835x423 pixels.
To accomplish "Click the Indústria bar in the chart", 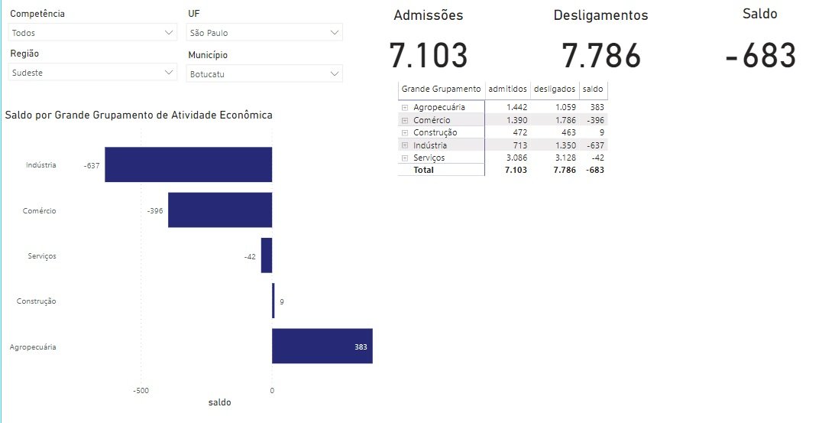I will [x=188, y=164].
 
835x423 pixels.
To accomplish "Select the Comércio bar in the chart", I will [x=220, y=210].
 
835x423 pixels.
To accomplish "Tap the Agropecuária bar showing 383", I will [x=322, y=347].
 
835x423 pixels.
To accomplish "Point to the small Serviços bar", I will [x=267, y=255].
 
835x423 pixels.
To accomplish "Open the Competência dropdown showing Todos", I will [x=92, y=33].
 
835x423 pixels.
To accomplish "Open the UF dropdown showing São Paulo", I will [x=264, y=33].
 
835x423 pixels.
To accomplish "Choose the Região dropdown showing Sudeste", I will [x=92, y=73].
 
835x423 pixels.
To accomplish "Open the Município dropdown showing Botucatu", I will [x=264, y=74].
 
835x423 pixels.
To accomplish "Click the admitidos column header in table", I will [x=507, y=89].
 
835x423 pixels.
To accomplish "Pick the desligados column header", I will [x=554, y=89].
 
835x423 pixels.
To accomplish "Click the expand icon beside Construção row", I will [x=404, y=133].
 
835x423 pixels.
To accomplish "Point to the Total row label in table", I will [x=423, y=170].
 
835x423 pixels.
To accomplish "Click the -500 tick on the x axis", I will [x=141, y=390].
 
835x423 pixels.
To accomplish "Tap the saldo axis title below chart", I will [x=219, y=402].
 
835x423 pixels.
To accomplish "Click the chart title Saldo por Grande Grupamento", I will [x=138, y=116].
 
